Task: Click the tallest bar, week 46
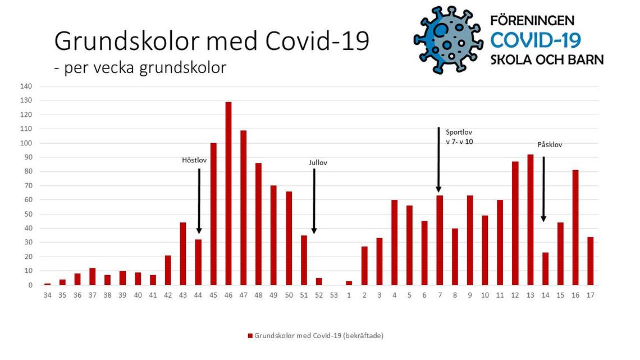click(228, 193)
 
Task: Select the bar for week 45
click(213, 214)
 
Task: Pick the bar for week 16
click(575, 227)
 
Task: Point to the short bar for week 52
click(319, 281)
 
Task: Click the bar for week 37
click(93, 277)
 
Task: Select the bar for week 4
click(394, 243)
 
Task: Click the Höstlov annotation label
click(194, 161)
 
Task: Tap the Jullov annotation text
click(318, 162)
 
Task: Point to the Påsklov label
click(550, 144)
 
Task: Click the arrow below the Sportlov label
click(438, 160)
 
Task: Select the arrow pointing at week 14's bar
click(543, 189)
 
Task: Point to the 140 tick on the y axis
click(26, 86)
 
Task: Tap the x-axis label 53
click(334, 295)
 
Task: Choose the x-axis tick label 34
click(47, 295)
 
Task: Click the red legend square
click(250, 336)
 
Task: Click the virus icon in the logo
click(448, 39)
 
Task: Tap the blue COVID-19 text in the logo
click(536, 40)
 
